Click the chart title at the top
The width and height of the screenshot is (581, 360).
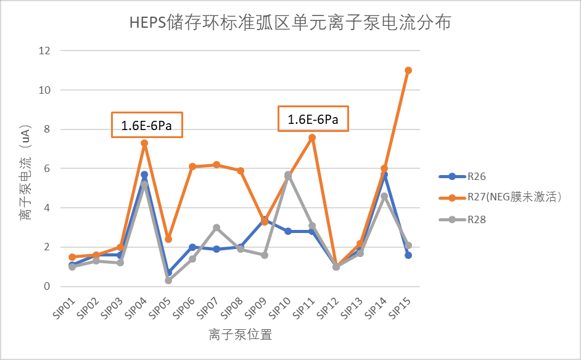pos(290,23)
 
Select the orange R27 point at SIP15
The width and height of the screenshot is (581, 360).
pos(408,70)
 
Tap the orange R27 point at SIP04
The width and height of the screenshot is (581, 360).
pos(144,143)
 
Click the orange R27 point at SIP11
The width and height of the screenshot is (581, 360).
pos(312,137)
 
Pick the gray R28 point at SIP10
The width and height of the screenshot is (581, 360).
pos(288,175)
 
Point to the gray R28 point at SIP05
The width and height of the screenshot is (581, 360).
pos(168,280)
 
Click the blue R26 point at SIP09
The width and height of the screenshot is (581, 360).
pos(264,219)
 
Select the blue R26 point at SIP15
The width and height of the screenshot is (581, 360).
pos(408,255)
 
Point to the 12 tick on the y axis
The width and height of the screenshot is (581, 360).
pos(44,51)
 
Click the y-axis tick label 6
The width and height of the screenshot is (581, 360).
pos(47,168)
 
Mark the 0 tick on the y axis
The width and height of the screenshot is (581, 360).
pos(47,287)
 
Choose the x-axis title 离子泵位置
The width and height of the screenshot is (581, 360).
pos(241,335)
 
